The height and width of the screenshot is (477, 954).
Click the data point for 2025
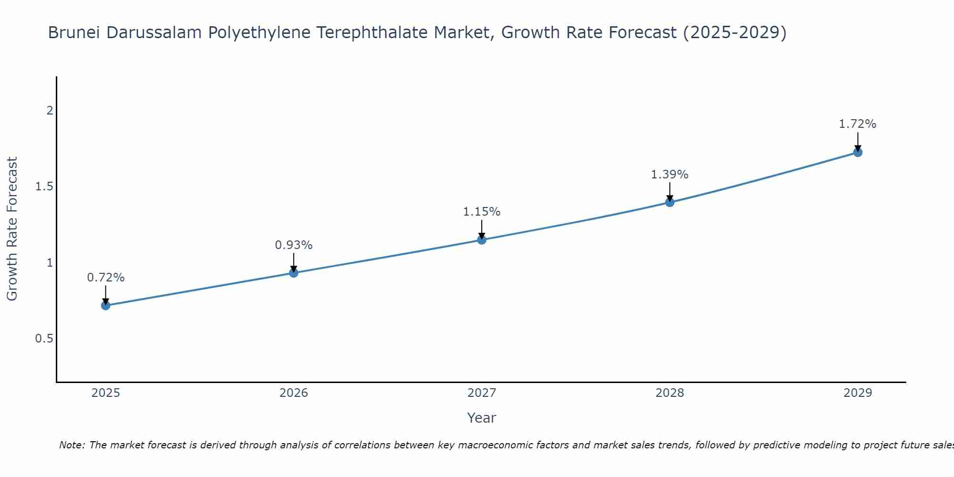tap(106, 305)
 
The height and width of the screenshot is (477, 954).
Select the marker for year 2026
tap(294, 273)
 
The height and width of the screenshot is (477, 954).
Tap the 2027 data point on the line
tap(482, 239)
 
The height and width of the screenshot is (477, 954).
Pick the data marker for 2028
tap(670, 202)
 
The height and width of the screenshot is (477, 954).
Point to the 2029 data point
tap(858, 152)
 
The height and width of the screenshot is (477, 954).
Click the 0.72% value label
tap(106, 278)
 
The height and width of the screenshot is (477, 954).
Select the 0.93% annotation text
tap(294, 245)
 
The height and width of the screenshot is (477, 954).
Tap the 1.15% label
tap(482, 212)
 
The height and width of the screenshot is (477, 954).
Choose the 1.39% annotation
tap(670, 175)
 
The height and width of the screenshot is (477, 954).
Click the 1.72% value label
tap(858, 124)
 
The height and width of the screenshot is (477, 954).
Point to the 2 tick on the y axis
tap(50, 111)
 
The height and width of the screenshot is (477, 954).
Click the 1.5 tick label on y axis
tap(44, 187)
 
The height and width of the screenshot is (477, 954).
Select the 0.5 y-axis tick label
tap(44, 339)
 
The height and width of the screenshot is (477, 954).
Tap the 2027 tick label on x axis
tap(482, 393)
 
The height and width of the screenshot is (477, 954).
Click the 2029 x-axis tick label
tap(858, 393)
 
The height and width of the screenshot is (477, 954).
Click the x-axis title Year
tap(482, 418)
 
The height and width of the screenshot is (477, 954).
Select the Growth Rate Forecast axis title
tap(12, 229)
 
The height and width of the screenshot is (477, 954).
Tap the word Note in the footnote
tap(72, 445)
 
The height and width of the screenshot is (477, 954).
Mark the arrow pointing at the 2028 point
tap(670, 192)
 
